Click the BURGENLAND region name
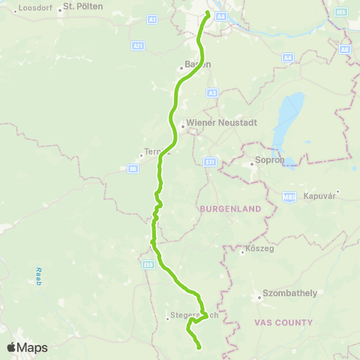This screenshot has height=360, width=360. pyautogui.click(x=229, y=208)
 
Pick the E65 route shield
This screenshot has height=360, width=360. pyautogui.click(x=342, y=13)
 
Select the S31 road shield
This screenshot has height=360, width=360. pyautogui.click(x=210, y=161)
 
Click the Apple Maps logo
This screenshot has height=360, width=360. pyautogui.click(x=27, y=347)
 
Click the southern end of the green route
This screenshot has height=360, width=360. pyautogui.click(x=199, y=347)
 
